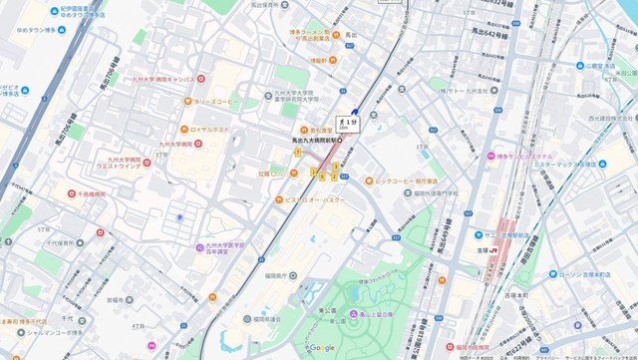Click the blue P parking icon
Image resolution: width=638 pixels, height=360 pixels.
click(x=179, y=214)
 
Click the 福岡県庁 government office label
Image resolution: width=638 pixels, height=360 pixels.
click(x=274, y=275)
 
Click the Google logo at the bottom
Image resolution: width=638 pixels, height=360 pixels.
click(x=321, y=348)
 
